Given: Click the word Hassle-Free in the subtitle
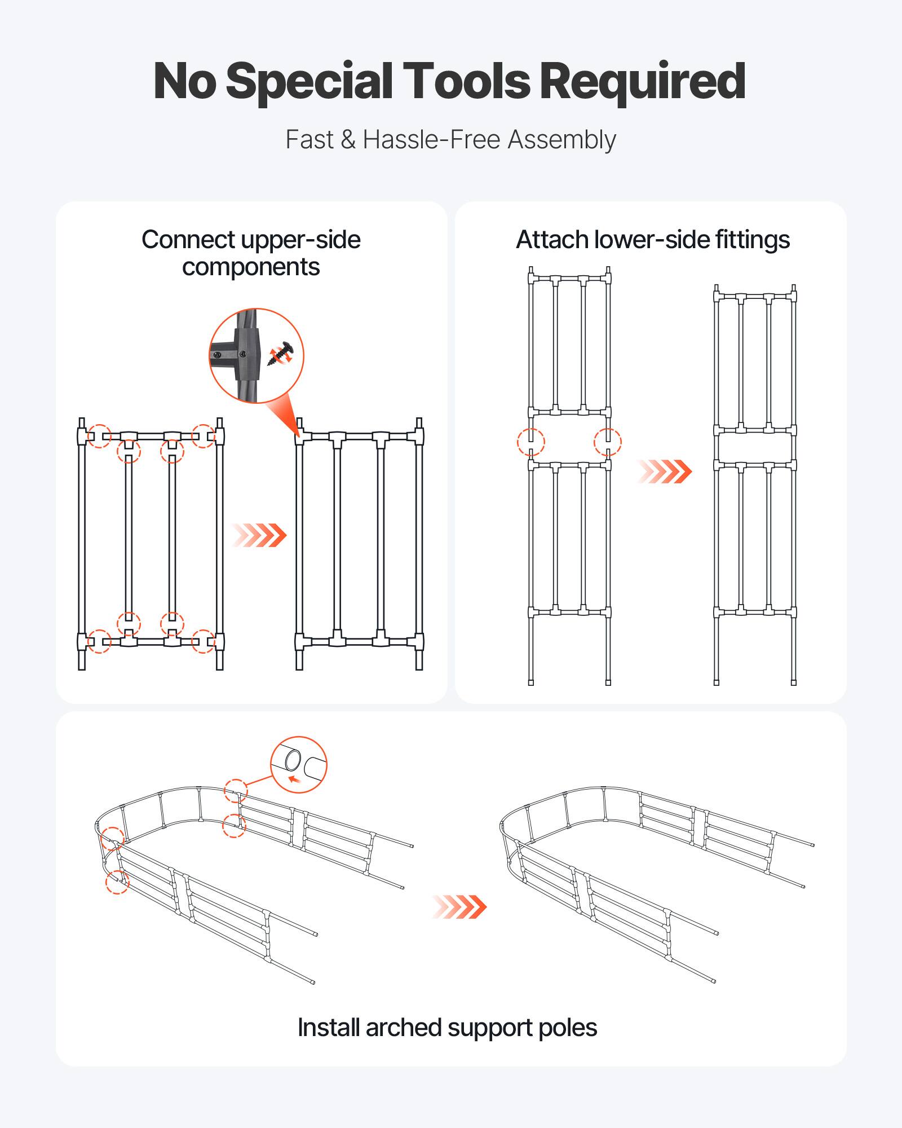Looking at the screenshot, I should [x=432, y=139].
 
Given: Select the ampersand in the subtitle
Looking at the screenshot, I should [x=348, y=139].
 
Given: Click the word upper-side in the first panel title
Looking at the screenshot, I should [x=300, y=240].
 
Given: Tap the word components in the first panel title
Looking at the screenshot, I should [x=251, y=267].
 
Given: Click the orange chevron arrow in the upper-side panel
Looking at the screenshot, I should [x=260, y=535].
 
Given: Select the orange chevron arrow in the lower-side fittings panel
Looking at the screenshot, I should [x=664, y=472].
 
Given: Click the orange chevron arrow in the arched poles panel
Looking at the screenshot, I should [x=459, y=907].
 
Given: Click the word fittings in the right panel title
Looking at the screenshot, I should [x=753, y=240].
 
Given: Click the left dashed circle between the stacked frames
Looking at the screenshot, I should [x=531, y=442].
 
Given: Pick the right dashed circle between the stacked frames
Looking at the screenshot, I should [x=608, y=442].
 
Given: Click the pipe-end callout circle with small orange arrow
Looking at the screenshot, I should [x=298, y=765].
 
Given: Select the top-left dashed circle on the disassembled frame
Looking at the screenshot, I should [x=100, y=436].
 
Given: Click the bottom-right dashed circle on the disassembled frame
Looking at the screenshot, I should [x=203, y=641].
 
